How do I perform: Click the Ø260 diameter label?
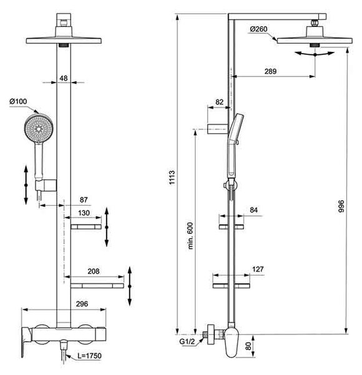tap(258, 29)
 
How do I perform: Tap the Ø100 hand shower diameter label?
tap(18, 101)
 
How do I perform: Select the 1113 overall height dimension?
tap(172, 177)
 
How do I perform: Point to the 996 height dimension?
tap(341, 206)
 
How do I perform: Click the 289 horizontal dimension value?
tap(270, 71)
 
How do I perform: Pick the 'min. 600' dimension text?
tap(190, 236)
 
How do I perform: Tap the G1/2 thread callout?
tap(187, 341)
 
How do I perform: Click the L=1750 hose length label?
tap(89, 356)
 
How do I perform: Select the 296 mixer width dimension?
tap(82, 304)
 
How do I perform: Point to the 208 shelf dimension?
tap(94, 271)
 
